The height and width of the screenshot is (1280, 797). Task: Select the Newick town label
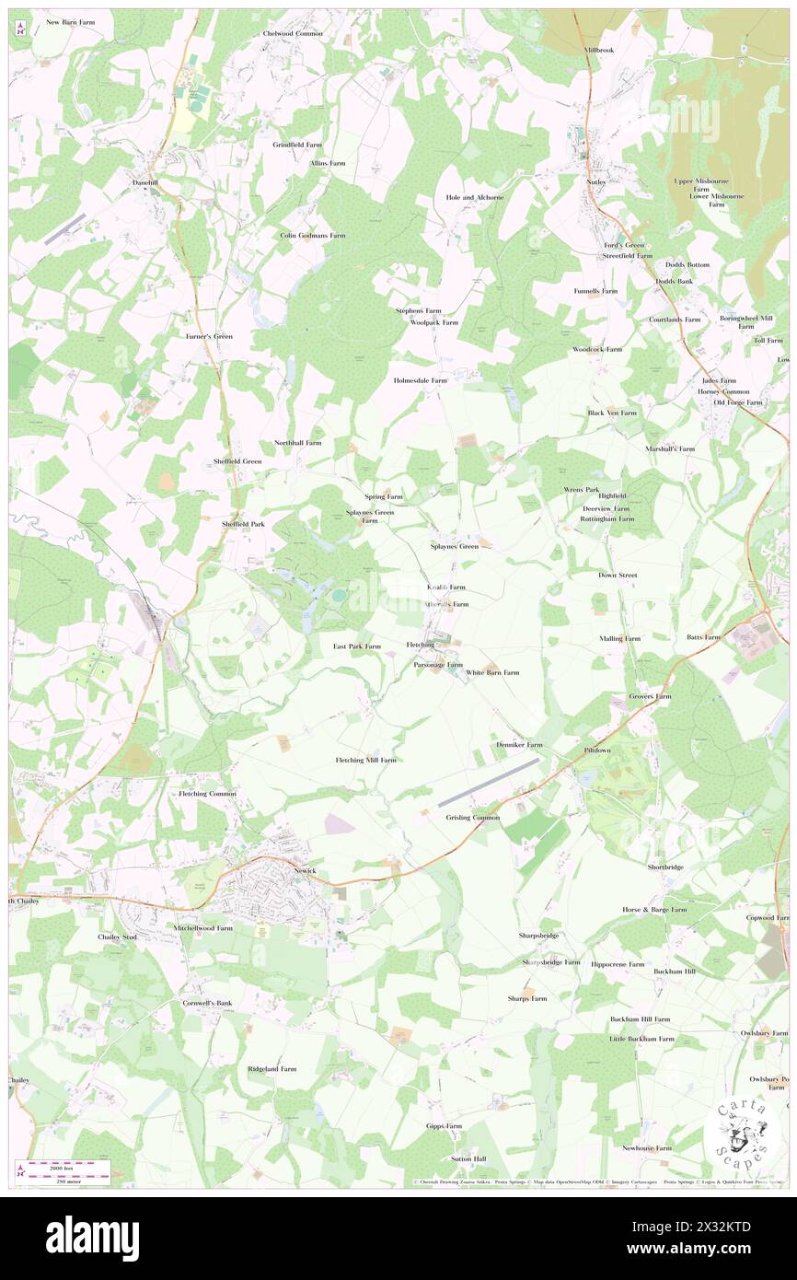[x=305, y=870]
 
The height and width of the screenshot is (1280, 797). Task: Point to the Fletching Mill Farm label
[x=365, y=760]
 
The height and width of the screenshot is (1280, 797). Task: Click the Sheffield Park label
[x=243, y=524]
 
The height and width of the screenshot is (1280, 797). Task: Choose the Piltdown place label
[x=597, y=751]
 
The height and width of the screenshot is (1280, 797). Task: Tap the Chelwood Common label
[x=293, y=33]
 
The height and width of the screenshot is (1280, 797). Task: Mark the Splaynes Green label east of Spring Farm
[x=455, y=546]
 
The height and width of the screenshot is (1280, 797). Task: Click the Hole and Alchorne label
[x=475, y=197]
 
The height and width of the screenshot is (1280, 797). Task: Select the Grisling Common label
[x=473, y=817]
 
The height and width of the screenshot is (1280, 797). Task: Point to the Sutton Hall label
[x=468, y=1158]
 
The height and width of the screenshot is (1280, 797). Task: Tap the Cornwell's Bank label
[x=207, y=1002]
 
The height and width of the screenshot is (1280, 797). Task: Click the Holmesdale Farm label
[x=421, y=379]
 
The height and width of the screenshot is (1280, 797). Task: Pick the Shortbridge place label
[x=665, y=867]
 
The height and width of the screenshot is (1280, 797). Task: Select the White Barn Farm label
[x=492, y=672]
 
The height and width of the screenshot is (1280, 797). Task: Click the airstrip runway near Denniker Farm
[x=489, y=782]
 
